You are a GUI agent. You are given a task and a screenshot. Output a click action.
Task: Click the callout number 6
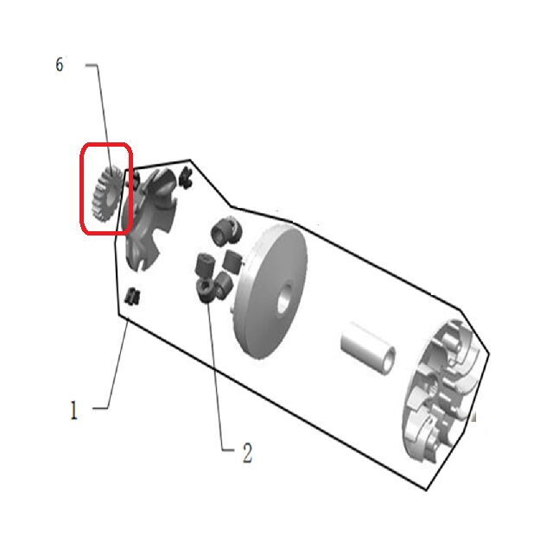click(60, 65)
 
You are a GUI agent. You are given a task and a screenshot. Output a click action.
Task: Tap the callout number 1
click(73, 410)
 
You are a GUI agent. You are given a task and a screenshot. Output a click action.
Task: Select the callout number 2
click(248, 453)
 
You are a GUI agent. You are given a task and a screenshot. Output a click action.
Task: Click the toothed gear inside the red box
click(105, 194)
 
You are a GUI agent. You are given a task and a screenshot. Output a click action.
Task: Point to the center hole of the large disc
click(284, 298)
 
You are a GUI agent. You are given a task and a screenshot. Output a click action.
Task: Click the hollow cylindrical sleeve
click(368, 349)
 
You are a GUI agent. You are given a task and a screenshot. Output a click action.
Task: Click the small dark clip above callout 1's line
click(132, 296)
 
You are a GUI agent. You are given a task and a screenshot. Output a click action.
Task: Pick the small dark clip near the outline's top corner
click(186, 178)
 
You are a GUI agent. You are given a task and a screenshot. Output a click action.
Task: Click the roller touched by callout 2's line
click(206, 291)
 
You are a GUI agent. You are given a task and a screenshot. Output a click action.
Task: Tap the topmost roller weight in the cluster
click(226, 230)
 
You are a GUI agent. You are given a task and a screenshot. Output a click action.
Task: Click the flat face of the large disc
click(272, 292)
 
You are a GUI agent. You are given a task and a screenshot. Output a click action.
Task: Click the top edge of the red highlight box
click(106, 144)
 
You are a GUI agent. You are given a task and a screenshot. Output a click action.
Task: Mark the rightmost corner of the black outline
click(489, 353)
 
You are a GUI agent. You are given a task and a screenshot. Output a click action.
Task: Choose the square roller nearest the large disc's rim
click(231, 261)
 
